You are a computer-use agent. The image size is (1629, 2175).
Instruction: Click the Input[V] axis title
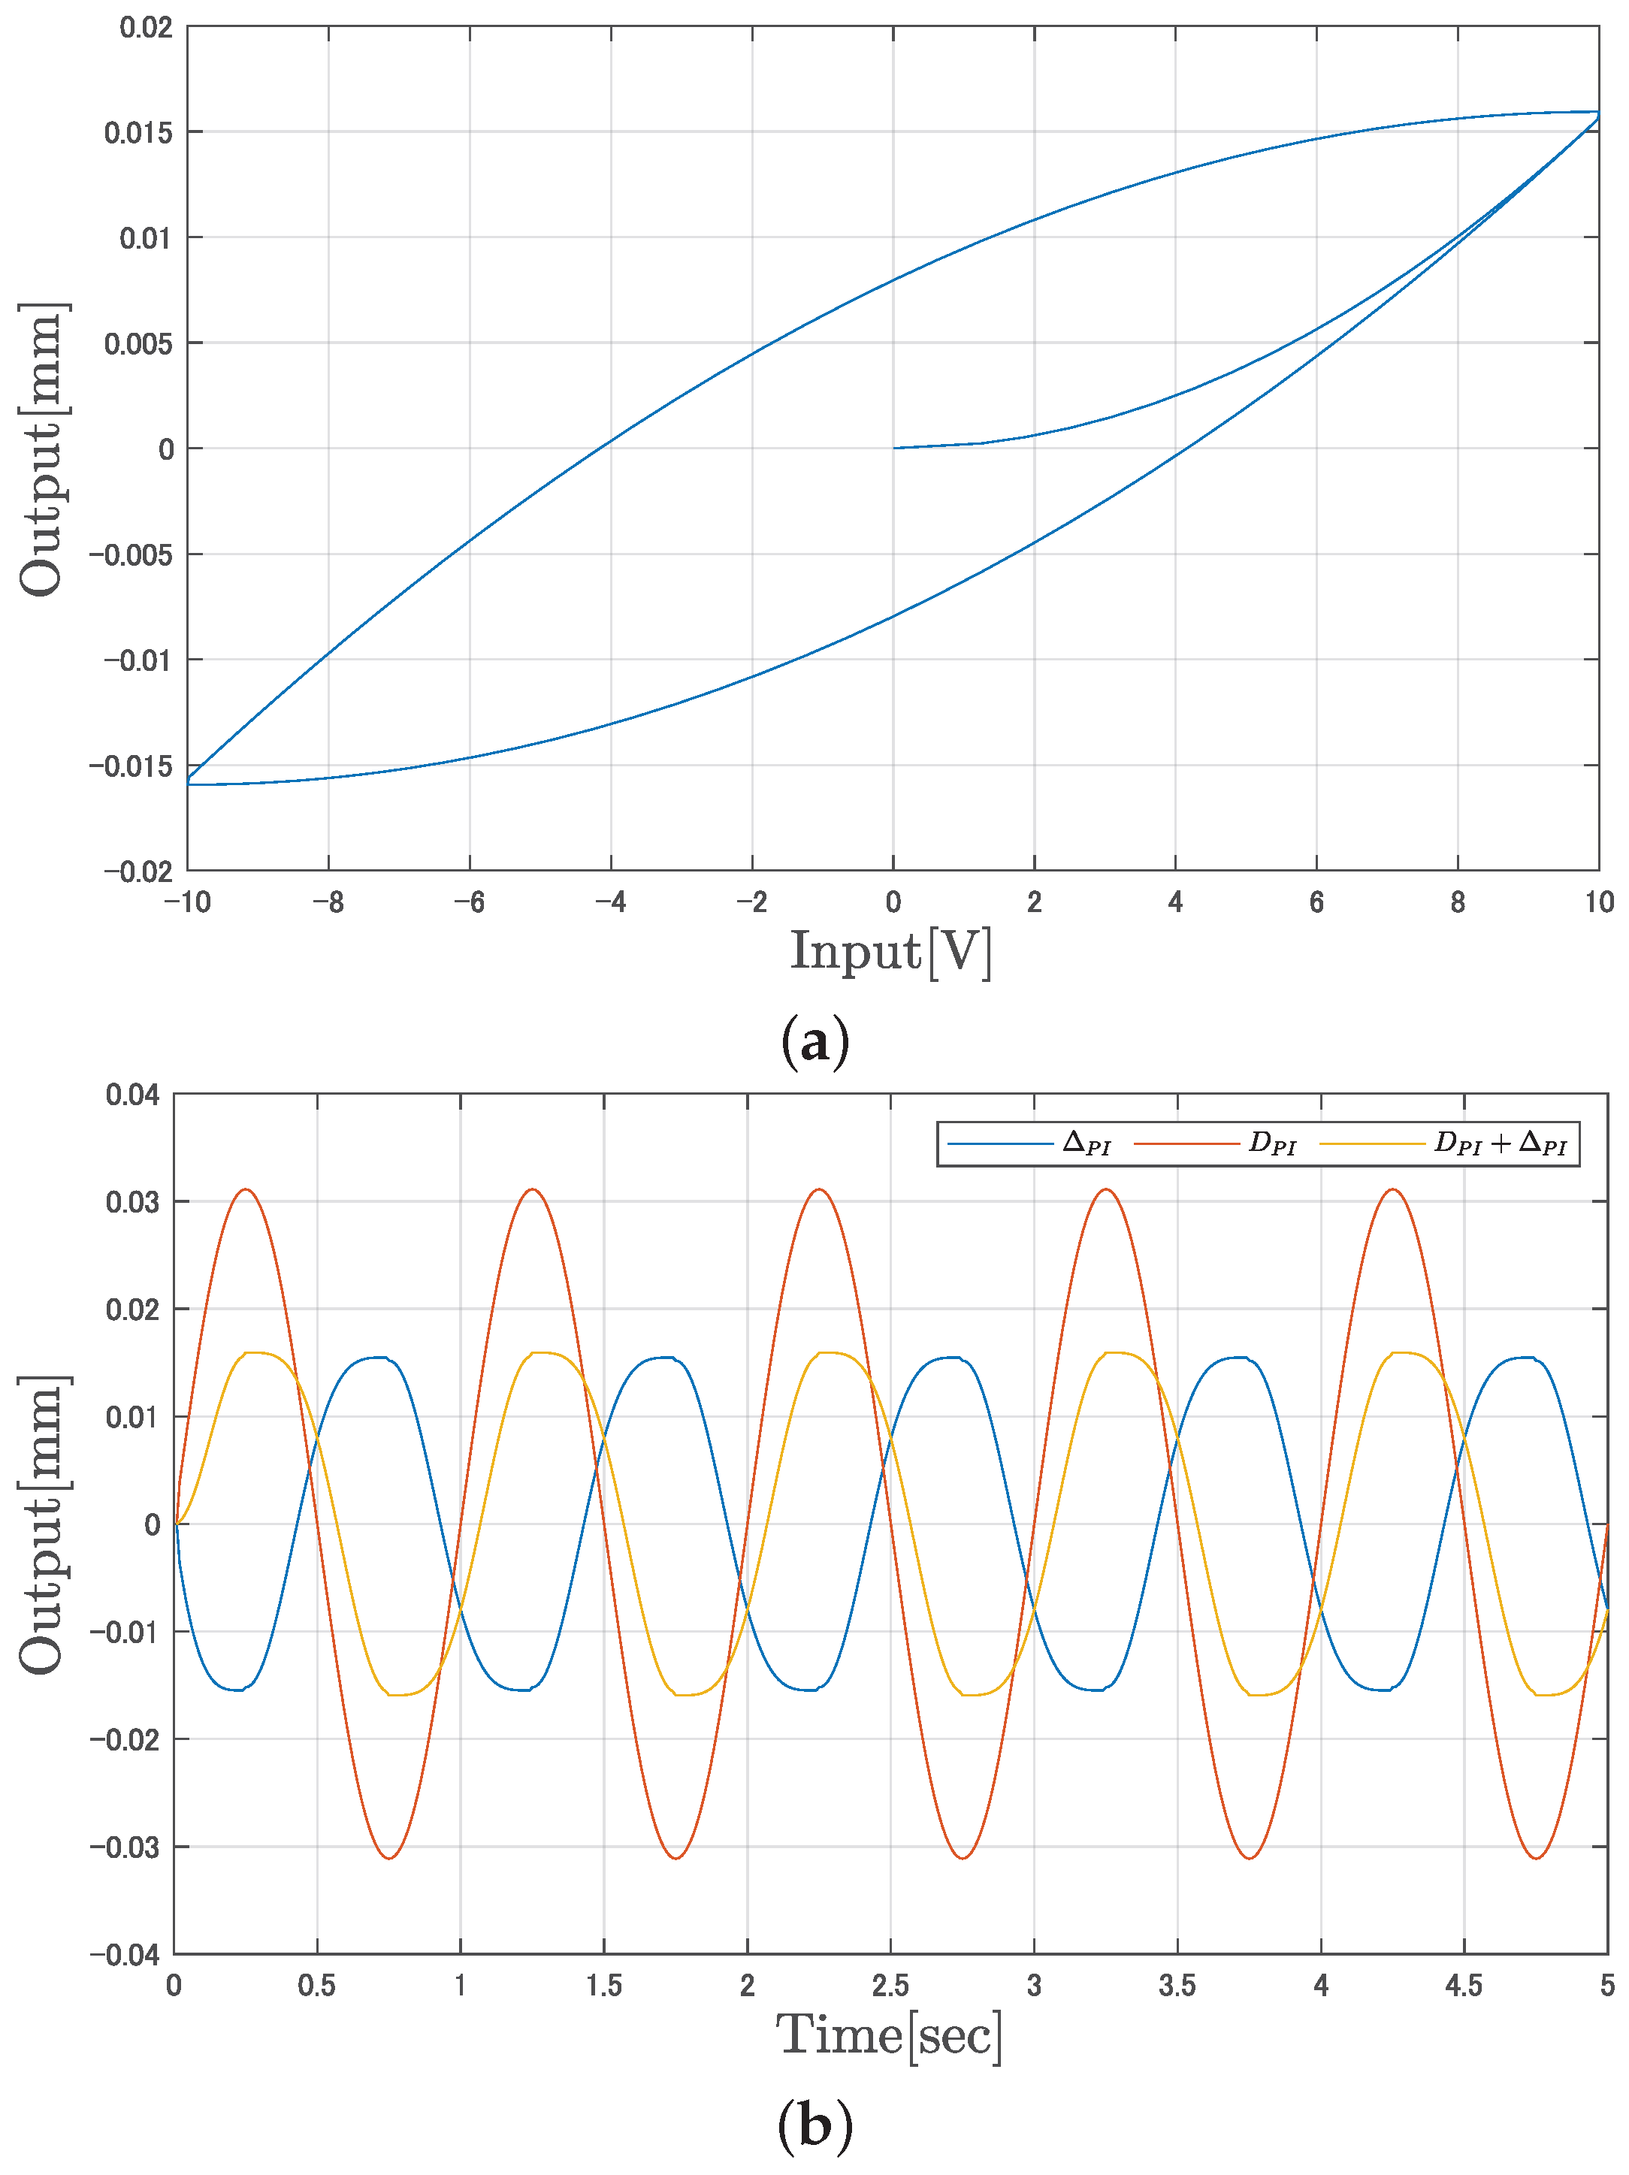(890, 952)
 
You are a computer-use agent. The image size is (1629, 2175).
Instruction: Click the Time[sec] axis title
(889, 2035)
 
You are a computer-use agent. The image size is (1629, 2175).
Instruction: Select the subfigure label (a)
(814, 1041)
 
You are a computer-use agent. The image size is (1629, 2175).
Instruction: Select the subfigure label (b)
(814, 2126)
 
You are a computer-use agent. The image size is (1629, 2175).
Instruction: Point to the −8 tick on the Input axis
(328, 902)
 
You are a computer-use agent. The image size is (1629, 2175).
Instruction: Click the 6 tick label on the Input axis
(1316, 902)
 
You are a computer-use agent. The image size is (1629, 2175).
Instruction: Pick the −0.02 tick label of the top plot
(138, 872)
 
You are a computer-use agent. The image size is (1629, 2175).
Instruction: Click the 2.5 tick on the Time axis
(890, 1985)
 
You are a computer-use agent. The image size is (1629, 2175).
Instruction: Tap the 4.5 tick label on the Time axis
(1463, 1985)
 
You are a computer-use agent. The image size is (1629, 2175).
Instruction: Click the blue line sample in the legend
(999, 1143)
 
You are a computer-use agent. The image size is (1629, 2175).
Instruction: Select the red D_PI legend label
(1272, 1143)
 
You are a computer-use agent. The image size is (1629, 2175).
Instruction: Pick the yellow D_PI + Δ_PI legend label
(1499, 1143)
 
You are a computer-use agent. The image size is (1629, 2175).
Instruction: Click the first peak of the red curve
(246, 1190)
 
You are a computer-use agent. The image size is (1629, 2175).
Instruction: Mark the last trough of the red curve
(1536, 1857)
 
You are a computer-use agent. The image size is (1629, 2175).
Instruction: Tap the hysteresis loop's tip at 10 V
(1597, 113)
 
